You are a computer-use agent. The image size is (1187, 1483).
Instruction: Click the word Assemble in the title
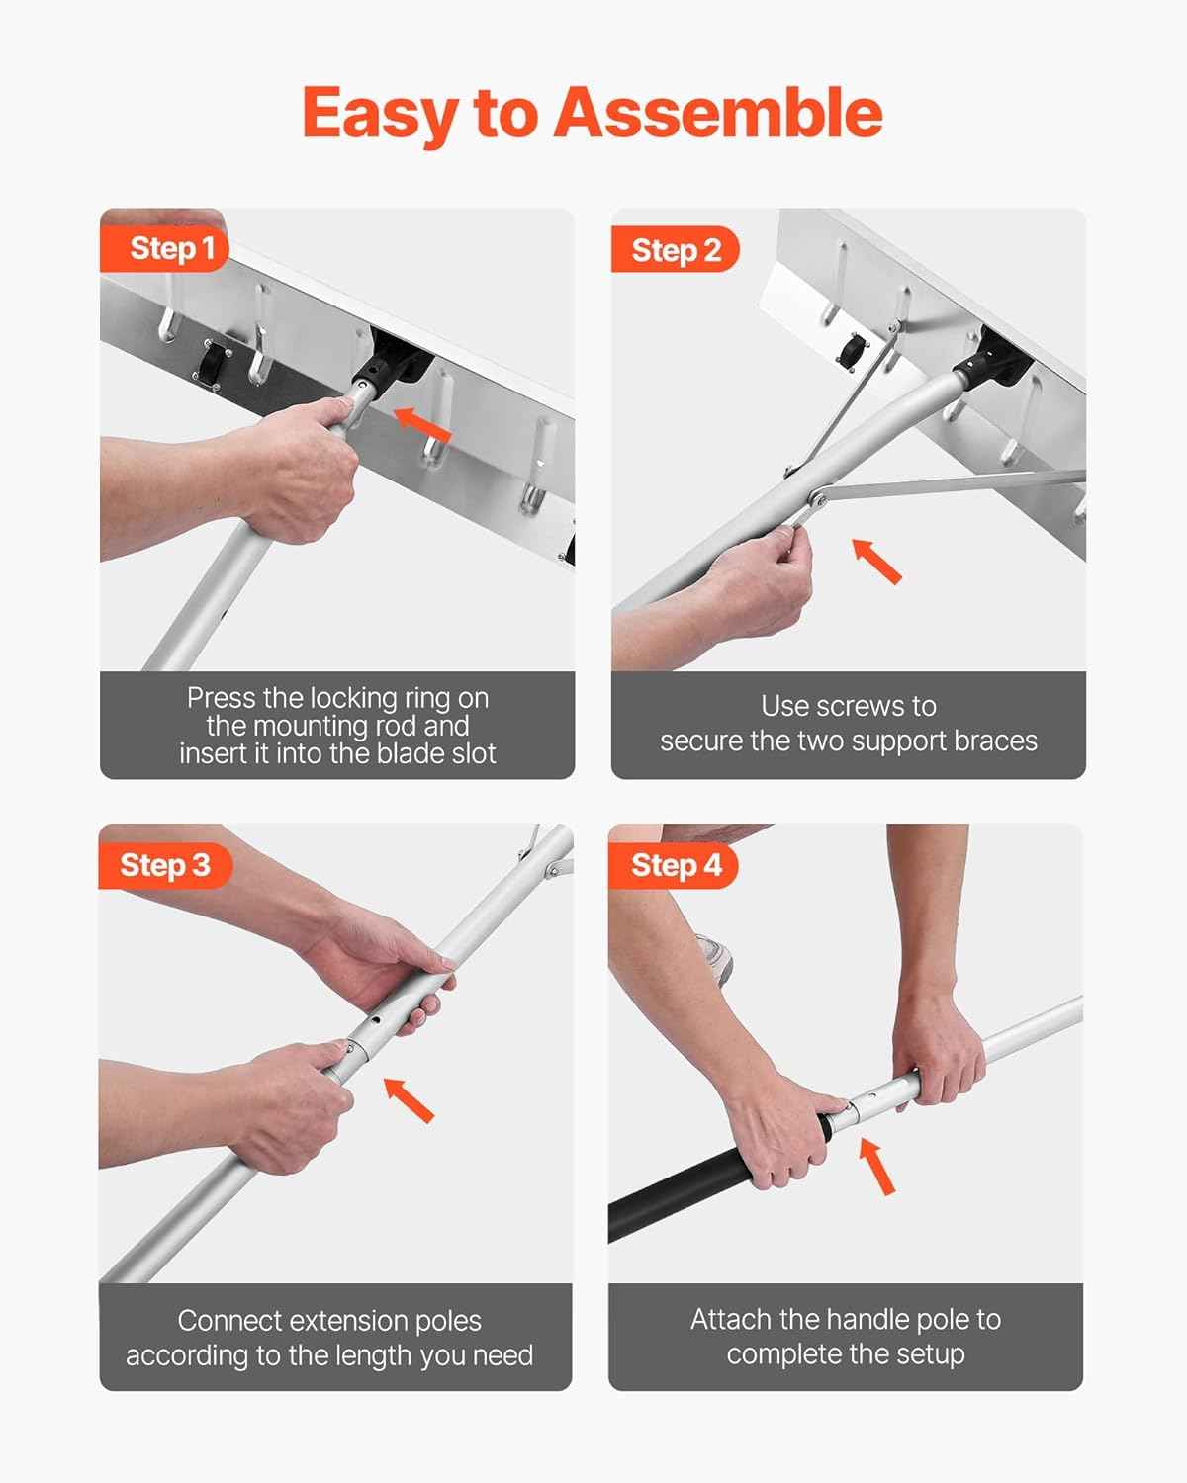point(717,113)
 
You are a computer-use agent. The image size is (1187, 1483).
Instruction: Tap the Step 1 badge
point(170,248)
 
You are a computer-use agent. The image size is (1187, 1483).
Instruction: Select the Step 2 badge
point(676,250)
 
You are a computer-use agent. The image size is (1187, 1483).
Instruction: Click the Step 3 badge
point(164,865)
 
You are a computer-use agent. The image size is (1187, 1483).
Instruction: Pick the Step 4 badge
point(676,866)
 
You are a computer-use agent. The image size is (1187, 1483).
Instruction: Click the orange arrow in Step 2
point(877,561)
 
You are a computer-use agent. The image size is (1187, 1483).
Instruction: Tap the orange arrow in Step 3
point(409,1099)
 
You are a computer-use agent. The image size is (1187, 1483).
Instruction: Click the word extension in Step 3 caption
point(330,1321)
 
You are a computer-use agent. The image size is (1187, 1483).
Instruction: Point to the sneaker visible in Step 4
point(716,957)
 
